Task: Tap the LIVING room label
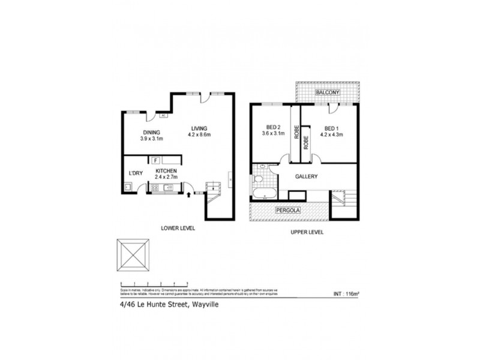click(199, 128)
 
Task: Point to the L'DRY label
click(136, 174)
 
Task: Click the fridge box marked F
click(155, 160)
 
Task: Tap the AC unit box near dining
click(163, 116)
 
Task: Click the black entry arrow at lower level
click(190, 194)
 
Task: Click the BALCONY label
click(329, 93)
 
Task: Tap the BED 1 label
click(332, 128)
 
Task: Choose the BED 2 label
click(274, 127)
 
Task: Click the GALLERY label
click(305, 176)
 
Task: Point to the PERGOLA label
click(288, 211)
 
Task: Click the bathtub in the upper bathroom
click(265, 194)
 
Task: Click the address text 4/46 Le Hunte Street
click(153, 305)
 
